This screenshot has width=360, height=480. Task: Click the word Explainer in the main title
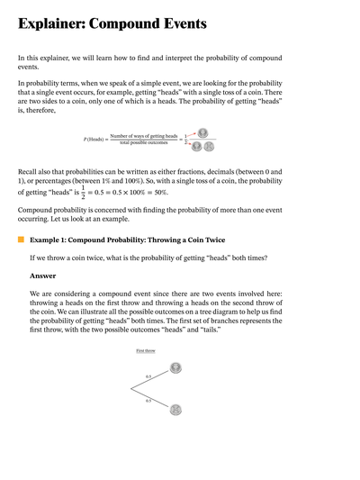click(57, 25)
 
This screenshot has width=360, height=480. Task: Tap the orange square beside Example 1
click(21, 240)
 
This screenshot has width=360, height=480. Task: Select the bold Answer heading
click(42, 276)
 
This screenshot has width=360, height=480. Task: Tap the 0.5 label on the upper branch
click(148, 376)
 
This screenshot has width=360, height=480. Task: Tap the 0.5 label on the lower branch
click(148, 400)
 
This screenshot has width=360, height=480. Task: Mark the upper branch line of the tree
click(153, 379)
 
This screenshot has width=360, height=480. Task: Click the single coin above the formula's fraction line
click(202, 131)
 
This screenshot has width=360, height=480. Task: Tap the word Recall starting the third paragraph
click(30, 171)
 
